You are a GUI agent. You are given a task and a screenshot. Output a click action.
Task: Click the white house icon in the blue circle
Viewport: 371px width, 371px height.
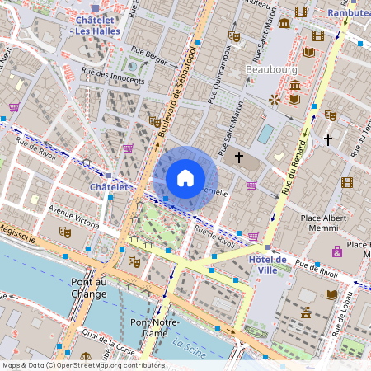click(185, 177)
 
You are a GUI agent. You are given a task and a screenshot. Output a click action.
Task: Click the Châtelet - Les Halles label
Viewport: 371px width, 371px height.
click(96, 25)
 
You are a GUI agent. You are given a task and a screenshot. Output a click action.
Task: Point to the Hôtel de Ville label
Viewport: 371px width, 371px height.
click(268, 265)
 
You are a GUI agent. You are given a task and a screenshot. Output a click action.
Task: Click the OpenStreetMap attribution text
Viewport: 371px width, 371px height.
click(82, 365)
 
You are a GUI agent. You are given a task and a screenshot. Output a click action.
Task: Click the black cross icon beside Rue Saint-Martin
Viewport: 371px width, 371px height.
click(239, 157)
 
